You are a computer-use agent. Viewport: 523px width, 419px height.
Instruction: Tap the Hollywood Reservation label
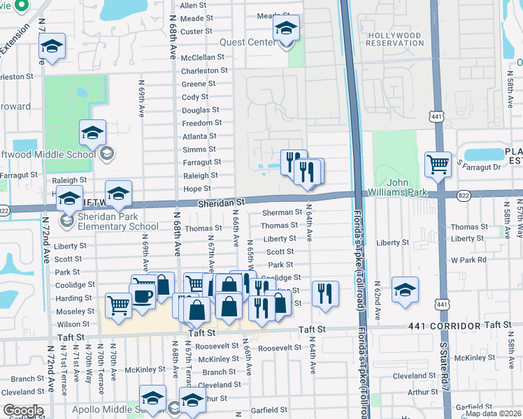pos(395,39)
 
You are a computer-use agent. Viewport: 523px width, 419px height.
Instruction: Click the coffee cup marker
pos(143,295)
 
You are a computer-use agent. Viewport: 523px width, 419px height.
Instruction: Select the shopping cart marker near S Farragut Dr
pos(438,165)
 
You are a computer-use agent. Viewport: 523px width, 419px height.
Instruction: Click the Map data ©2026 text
pos(494,413)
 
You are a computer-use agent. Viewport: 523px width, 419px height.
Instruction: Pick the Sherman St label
pos(282,212)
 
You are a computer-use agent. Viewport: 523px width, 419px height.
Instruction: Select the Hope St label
pos(196,189)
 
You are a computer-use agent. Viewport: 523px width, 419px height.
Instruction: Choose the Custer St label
pos(196,31)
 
